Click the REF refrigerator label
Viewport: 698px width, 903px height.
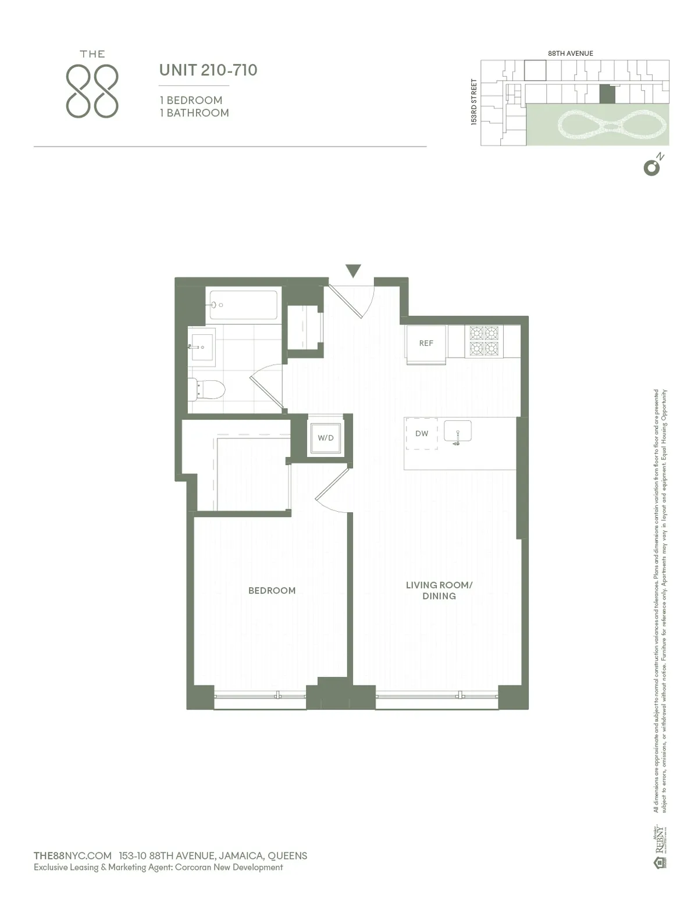pyautogui.click(x=426, y=344)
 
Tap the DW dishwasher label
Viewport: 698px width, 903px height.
pyautogui.click(x=422, y=434)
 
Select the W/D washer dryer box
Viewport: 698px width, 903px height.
pyautogui.click(x=326, y=438)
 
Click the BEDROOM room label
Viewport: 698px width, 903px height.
pyautogui.click(x=272, y=591)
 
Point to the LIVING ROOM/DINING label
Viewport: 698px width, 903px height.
pyautogui.click(x=439, y=591)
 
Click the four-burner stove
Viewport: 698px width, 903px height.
pyautogui.click(x=484, y=341)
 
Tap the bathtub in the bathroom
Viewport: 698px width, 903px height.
pyautogui.click(x=243, y=305)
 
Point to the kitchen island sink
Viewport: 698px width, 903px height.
pyautogui.click(x=457, y=432)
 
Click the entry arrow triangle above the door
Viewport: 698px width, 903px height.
pyautogui.click(x=353, y=271)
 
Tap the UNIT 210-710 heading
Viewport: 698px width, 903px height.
pyautogui.click(x=208, y=70)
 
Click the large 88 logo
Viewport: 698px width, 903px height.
pyautogui.click(x=92, y=91)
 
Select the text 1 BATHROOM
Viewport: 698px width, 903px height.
pyautogui.click(x=194, y=113)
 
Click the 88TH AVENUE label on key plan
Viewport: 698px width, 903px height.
pyautogui.click(x=571, y=53)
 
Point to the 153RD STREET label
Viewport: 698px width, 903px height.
pyautogui.click(x=474, y=102)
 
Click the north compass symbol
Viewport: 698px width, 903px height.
pyautogui.click(x=652, y=167)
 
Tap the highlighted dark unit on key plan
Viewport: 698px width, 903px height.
pyautogui.click(x=607, y=94)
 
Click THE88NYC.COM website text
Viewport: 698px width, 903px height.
pyautogui.click(x=73, y=856)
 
